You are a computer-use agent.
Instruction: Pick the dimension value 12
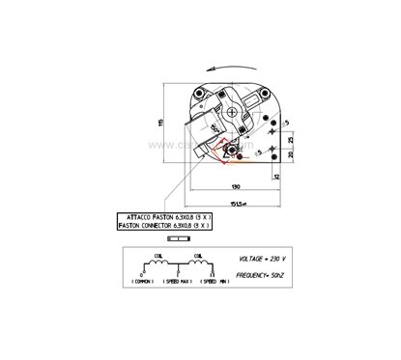[276, 179]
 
